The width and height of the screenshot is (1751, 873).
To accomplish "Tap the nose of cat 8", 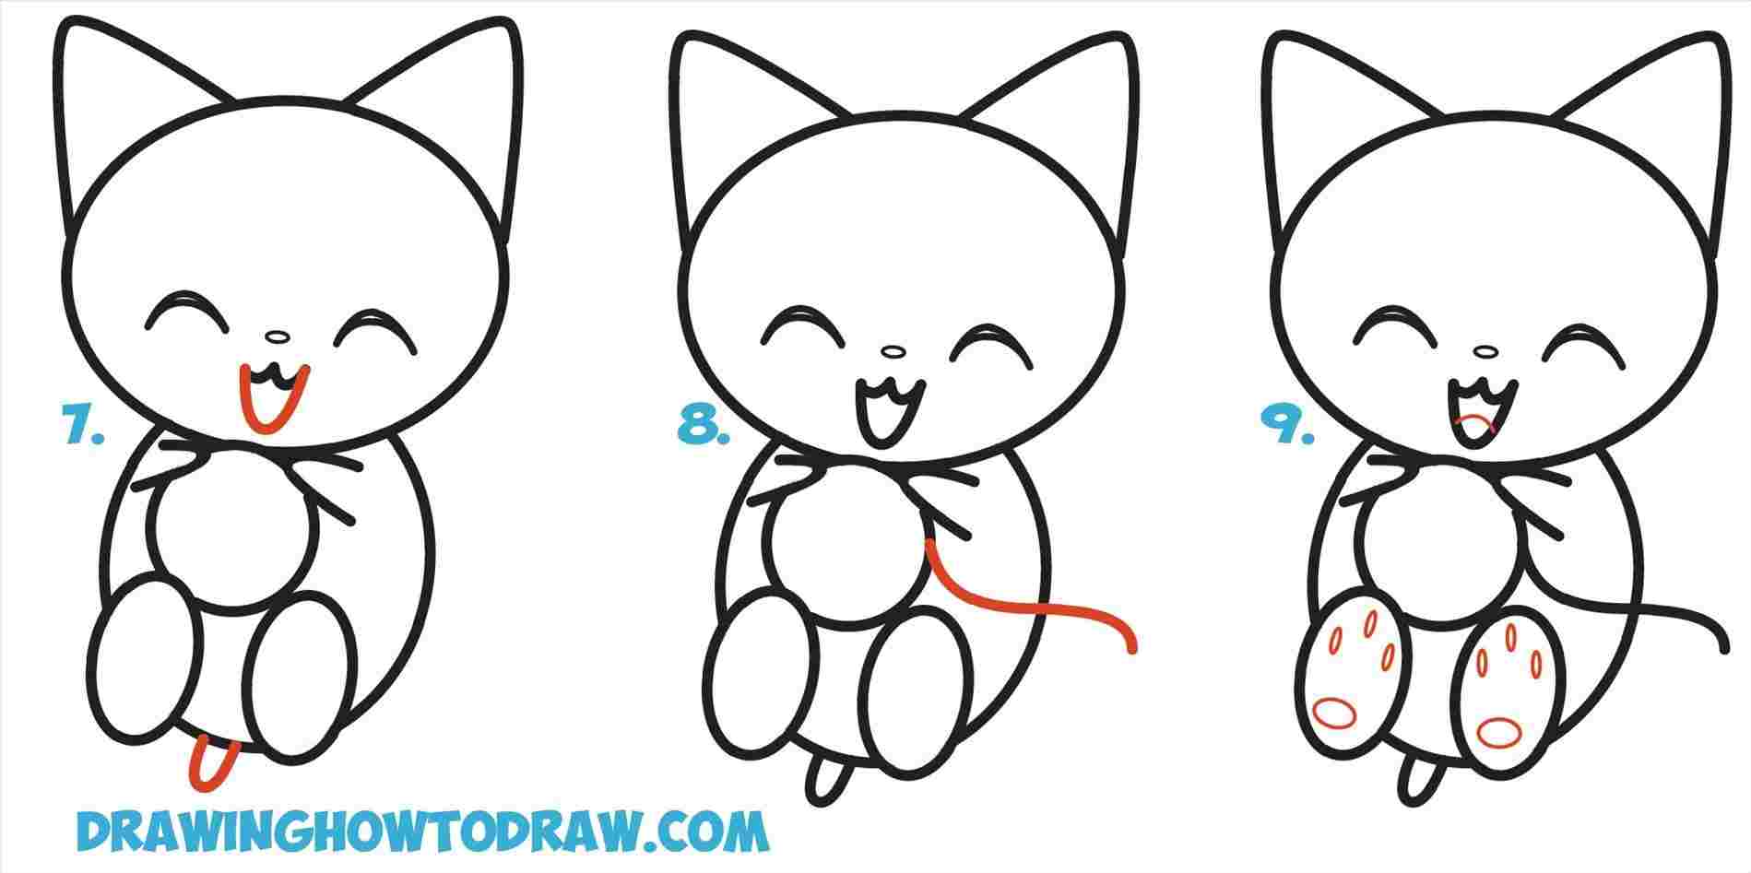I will pyautogui.click(x=892, y=351).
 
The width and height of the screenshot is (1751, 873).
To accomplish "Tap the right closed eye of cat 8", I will pyautogui.click(x=990, y=338).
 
